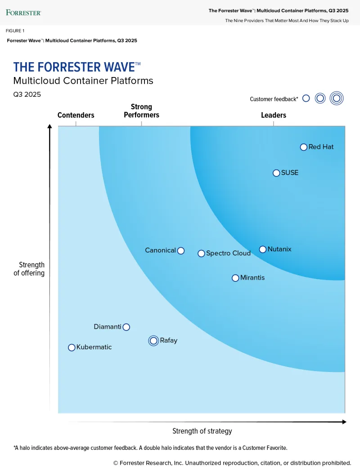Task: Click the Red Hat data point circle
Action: point(304,147)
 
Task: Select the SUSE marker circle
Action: point(276,173)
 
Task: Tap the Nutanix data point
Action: point(263,249)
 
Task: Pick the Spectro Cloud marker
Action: point(201,254)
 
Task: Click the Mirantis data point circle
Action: point(235,278)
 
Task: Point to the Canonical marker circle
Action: point(181,250)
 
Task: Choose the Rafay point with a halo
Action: point(153,341)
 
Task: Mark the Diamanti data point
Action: point(126,327)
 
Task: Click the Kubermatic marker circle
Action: point(72,348)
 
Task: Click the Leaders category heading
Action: point(274,115)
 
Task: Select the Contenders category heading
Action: point(76,115)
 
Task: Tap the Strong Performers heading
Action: point(141,111)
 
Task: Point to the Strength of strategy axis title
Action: point(202,431)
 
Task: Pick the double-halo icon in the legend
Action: point(336,98)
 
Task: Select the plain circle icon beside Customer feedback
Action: point(306,98)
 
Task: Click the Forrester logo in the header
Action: point(23,12)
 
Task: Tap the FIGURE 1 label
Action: point(15,31)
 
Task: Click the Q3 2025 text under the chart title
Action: point(27,95)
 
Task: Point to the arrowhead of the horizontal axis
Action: point(344,422)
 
